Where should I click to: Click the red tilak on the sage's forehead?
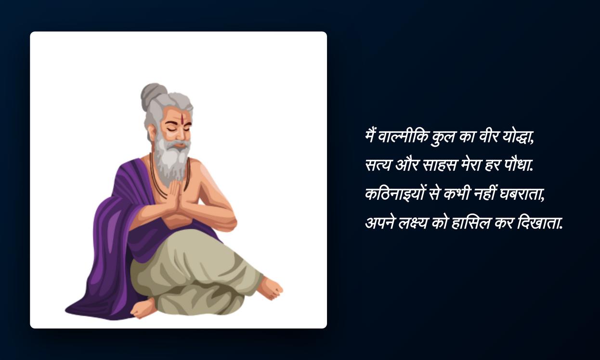pyautogui.click(x=182, y=117)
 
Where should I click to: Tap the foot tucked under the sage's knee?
pyautogui.click(x=143, y=309)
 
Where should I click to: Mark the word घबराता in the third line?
pyautogui.click(x=522, y=194)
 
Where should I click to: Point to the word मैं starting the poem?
pyautogui.click(x=371, y=137)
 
